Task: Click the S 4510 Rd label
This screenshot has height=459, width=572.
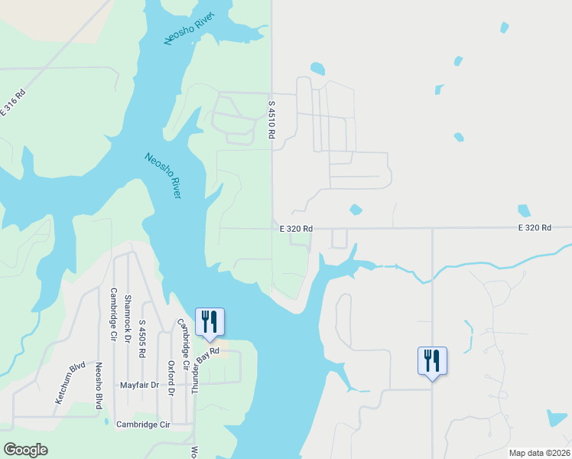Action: [271, 119]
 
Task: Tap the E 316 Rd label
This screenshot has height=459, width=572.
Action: [13, 103]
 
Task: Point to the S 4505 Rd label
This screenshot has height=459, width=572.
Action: [142, 340]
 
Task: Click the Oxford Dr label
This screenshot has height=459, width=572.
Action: [171, 378]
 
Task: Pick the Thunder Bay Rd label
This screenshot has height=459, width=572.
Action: [206, 370]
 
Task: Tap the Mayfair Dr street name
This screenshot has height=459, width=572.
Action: [139, 386]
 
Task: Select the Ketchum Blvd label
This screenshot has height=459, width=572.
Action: [70, 383]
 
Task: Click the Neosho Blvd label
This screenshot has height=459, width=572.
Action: [99, 386]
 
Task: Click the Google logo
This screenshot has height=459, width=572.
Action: [26, 450]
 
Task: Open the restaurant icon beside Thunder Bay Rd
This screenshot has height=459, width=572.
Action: [210, 322]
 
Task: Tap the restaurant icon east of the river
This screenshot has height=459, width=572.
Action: [432, 360]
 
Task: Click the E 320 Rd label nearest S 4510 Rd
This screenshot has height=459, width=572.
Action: [296, 228]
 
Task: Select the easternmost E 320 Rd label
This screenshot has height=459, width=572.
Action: [535, 228]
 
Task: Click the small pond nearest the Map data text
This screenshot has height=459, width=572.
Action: [557, 418]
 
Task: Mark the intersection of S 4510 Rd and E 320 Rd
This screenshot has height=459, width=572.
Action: [273, 228]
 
